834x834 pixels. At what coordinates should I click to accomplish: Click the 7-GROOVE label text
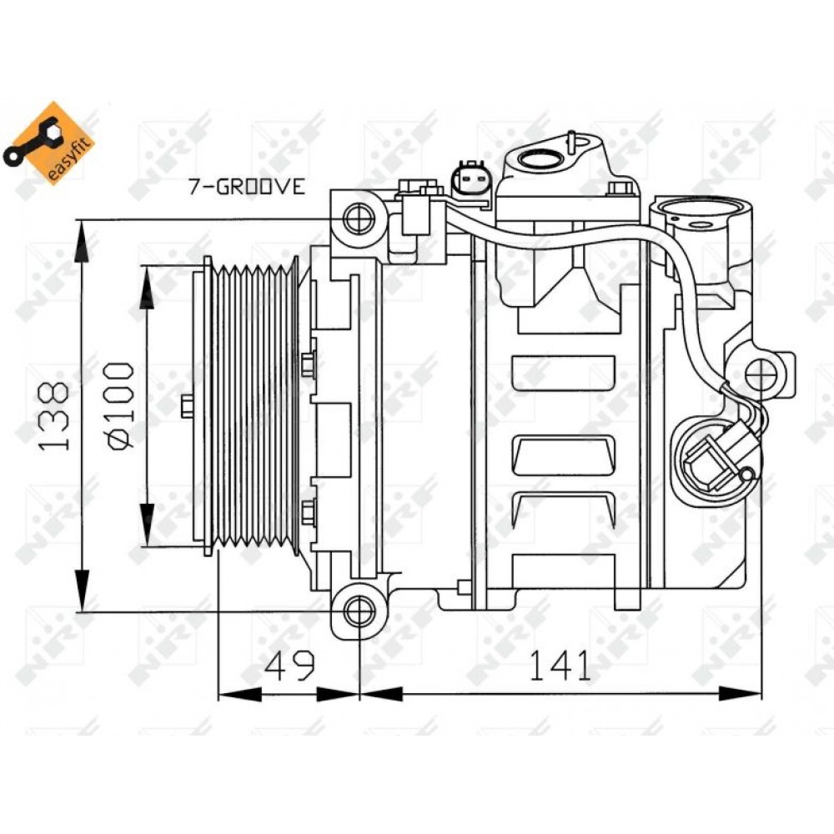point(247,186)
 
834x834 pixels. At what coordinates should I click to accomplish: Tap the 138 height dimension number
point(53,416)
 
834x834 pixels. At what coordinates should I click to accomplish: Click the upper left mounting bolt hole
point(358,218)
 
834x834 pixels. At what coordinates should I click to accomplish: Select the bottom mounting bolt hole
point(359,611)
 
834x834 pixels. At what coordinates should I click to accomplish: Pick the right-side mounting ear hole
point(761,374)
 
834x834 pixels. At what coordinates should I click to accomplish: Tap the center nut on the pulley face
point(187,406)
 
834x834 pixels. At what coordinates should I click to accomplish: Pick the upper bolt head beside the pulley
point(308,364)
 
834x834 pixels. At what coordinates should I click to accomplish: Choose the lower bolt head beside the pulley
point(308,512)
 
